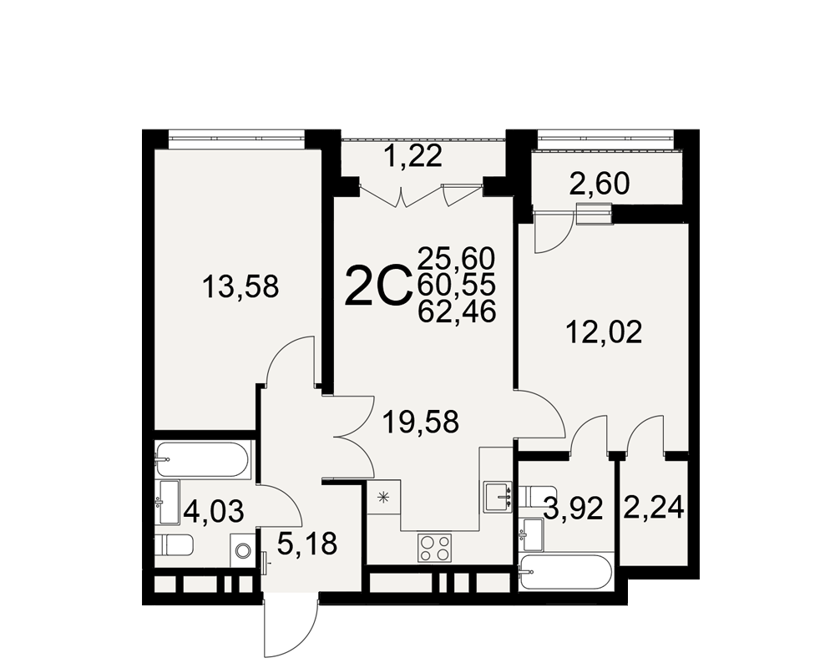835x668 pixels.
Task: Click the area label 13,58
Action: [x=240, y=287]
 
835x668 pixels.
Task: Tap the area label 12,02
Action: [x=604, y=332]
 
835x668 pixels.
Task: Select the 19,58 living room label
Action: [x=421, y=423]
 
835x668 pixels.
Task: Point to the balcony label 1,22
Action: [x=413, y=157]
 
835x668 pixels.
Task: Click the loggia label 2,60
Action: [x=600, y=185]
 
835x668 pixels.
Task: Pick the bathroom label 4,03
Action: [x=214, y=511]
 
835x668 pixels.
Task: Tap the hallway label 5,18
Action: [x=307, y=544]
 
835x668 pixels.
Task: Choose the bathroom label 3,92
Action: [x=573, y=509]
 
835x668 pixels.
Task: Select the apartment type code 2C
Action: [x=378, y=286]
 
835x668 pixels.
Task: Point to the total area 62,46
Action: [x=457, y=311]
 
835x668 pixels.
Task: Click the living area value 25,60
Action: [x=457, y=259]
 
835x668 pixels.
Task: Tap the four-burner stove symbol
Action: [x=434, y=548]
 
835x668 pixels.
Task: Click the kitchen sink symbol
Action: [x=498, y=498]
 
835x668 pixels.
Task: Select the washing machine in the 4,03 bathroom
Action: [x=243, y=551]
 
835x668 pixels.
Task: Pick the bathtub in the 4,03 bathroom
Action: [x=201, y=460]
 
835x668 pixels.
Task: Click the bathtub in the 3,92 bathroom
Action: [x=567, y=573]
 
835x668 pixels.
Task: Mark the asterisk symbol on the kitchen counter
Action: [x=383, y=498]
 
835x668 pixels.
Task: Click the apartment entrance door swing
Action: [x=291, y=628]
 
